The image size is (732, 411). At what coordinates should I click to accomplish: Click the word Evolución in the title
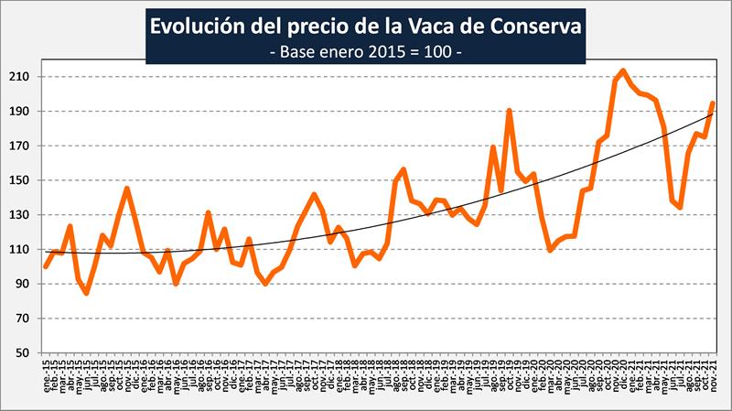[x=195, y=25]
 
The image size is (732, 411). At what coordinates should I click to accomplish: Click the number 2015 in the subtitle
[x=379, y=51]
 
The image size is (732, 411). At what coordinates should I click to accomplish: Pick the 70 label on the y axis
[x=22, y=319]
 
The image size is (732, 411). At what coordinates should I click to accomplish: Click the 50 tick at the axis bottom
[x=22, y=353]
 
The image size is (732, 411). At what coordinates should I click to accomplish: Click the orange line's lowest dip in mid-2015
[x=86, y=293]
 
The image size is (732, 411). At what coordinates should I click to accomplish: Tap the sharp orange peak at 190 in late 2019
[x=509, y=111]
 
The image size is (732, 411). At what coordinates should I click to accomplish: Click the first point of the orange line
[x=46, y=266]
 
